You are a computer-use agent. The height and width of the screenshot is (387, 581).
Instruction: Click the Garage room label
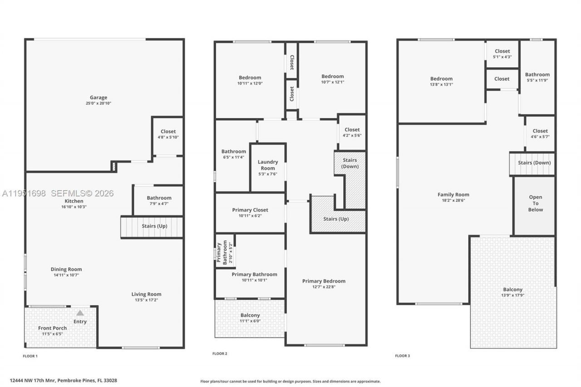pos(98,98)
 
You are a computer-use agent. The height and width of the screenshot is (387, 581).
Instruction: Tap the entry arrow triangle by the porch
pos(80,313)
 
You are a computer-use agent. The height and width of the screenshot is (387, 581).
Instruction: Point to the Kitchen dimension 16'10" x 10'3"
pos(74,207)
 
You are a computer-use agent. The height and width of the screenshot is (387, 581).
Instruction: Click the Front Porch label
pos(52,328)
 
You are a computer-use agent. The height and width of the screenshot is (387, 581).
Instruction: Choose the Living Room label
pos(146,294)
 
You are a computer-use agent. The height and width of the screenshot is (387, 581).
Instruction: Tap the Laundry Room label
pos(268,165)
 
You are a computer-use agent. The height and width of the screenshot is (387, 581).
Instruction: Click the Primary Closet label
pos(250,210)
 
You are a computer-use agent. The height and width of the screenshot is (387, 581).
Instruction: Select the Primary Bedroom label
pos(324,281)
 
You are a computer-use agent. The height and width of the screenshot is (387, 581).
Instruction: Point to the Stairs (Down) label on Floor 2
pos(350,163)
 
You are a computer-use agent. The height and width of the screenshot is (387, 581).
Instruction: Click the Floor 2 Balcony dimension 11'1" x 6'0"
pos(250,321)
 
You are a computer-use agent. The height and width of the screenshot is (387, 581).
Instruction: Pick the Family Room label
pos(453,195)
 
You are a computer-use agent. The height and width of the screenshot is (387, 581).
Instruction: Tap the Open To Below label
pos(535,203)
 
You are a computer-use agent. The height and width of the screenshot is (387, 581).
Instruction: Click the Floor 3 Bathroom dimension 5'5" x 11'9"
pos(537,80)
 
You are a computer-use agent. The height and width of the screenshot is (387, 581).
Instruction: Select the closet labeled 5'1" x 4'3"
pos(502,51)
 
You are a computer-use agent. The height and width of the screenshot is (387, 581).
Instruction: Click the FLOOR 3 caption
pos(402,356)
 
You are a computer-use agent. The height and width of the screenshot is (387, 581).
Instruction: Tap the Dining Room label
pos(66,269)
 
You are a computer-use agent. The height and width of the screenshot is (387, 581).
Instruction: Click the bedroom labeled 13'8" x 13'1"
pos(441,78)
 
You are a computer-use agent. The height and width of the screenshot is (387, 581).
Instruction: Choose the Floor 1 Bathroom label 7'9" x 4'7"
pos(159,198)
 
